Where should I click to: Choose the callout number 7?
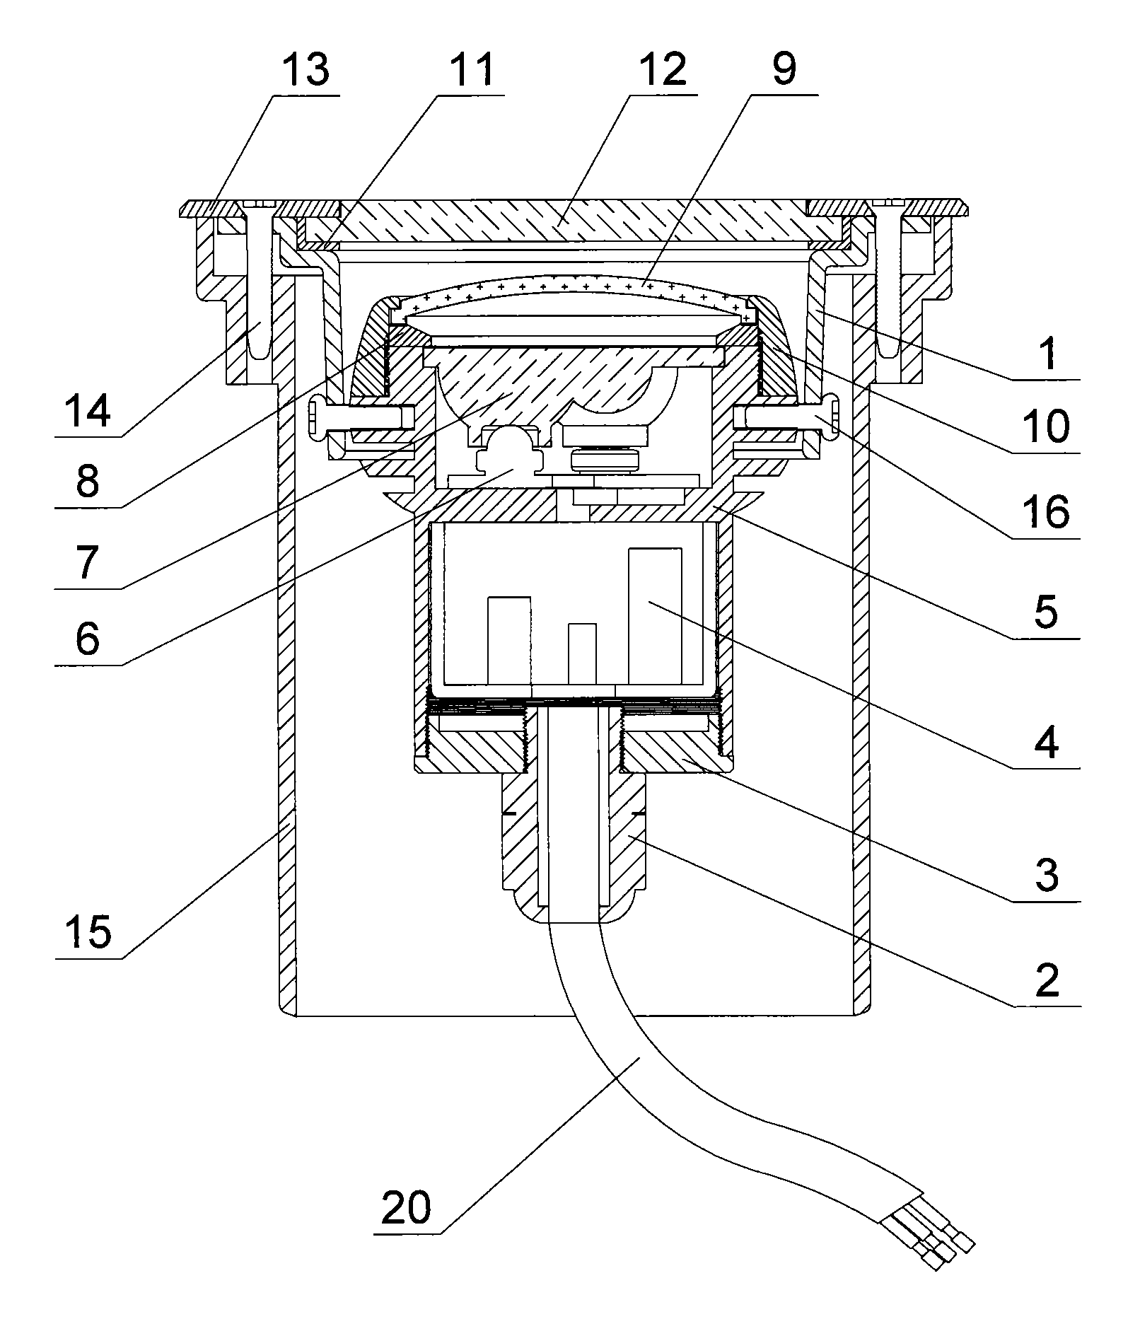[x=88, y=562]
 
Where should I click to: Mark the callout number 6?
[x=88, y=639]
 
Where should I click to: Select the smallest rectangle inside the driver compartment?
[x=582, y=654]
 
